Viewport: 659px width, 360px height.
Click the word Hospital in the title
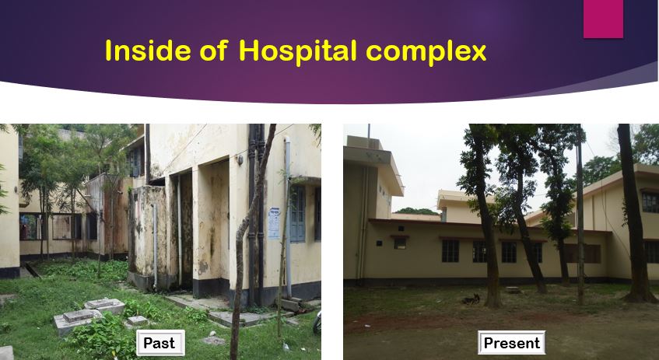click(297, 51)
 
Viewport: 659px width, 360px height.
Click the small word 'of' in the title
click(213, 51)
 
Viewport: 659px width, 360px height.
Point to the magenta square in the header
click(603, 19)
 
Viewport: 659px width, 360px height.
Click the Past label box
click(160, 343)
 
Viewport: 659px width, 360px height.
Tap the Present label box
click(511, 342)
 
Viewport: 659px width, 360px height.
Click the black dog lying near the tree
click(471, 299)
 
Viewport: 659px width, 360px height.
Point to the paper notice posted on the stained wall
click(274, 222)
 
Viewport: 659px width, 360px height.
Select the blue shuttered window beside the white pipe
click(297, 215)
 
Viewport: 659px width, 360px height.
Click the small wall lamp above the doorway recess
click(240, 159)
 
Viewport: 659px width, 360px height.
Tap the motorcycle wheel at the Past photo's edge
click(317, 323)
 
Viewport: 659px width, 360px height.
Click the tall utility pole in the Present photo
click(580, 215)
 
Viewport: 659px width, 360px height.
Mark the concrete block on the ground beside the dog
click(513, 290)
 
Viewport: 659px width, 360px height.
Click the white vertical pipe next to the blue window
click(288, 216)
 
